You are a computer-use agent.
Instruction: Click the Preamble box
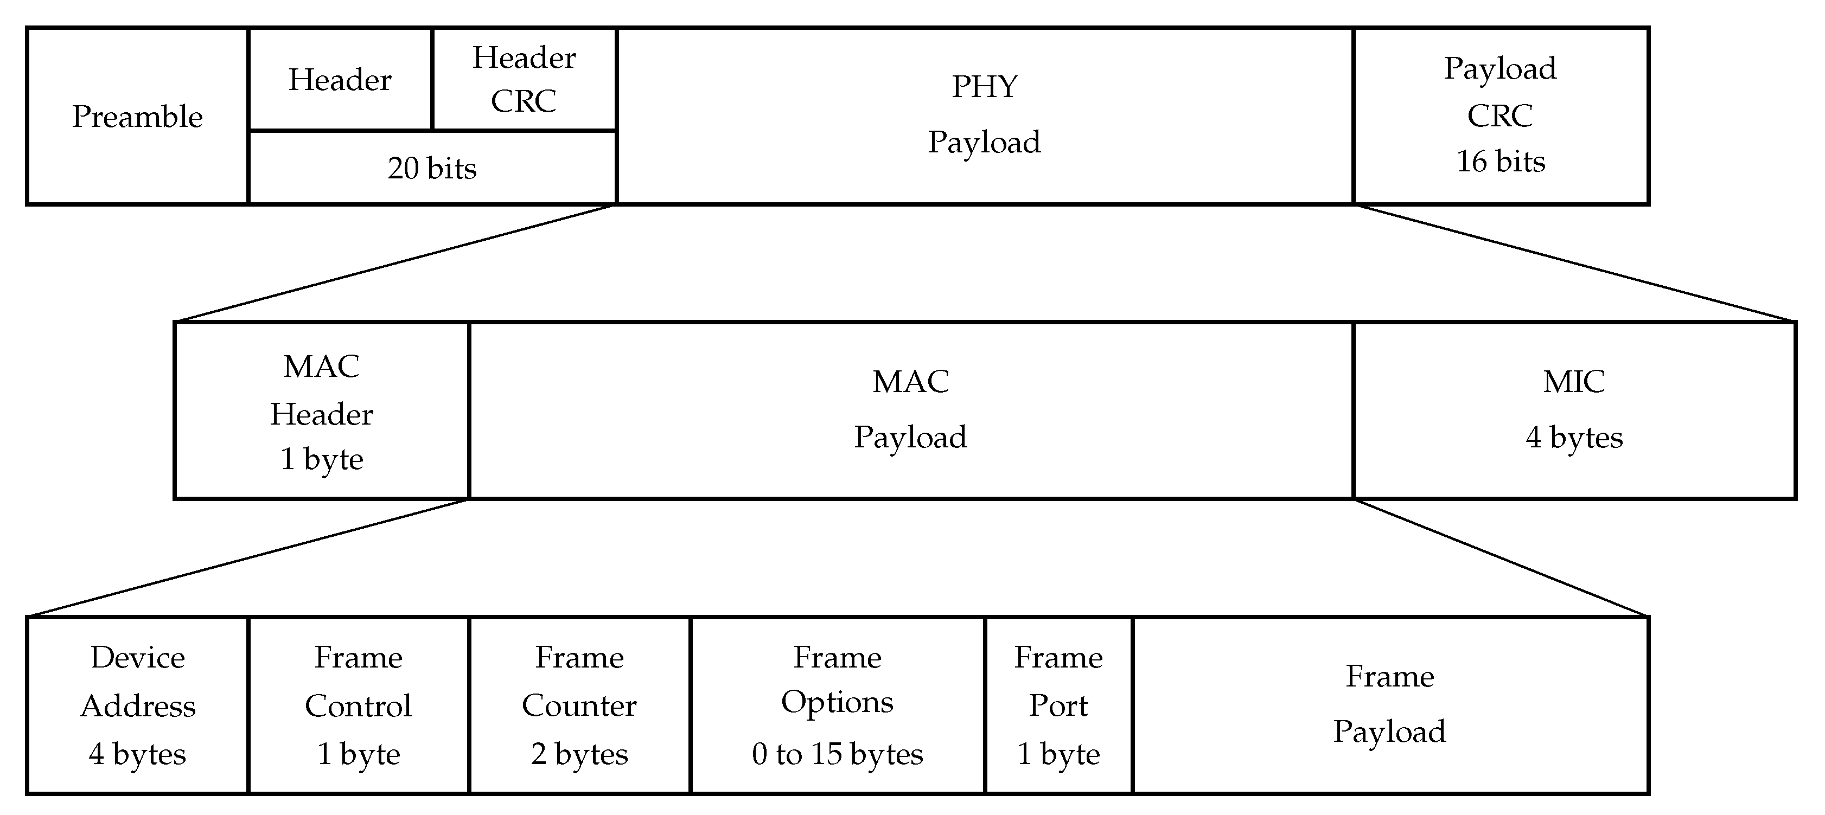(x=137, y=117)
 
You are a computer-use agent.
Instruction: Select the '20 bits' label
(x=432, y=169)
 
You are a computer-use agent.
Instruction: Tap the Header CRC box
(x=524, y=79)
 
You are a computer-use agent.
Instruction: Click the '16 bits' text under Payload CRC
(x=1501, y=162)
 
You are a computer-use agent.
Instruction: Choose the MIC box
(x=1574, y=410)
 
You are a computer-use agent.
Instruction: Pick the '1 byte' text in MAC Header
(x=322, y=459)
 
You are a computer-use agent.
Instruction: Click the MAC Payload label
(x=910, y=410)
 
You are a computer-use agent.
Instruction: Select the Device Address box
(x=137, y=705)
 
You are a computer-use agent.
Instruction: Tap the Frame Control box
(x=359, y=705)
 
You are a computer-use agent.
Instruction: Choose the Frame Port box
(x=1058, y=705)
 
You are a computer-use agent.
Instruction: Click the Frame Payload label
(x=1390, y=704)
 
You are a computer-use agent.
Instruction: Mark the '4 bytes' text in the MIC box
(x=1574, y=438)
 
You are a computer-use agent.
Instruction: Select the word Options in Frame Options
(x=838, y=702)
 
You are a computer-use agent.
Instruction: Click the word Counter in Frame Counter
(x=579, y=706)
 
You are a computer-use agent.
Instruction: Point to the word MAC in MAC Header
(x=322, y=367)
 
